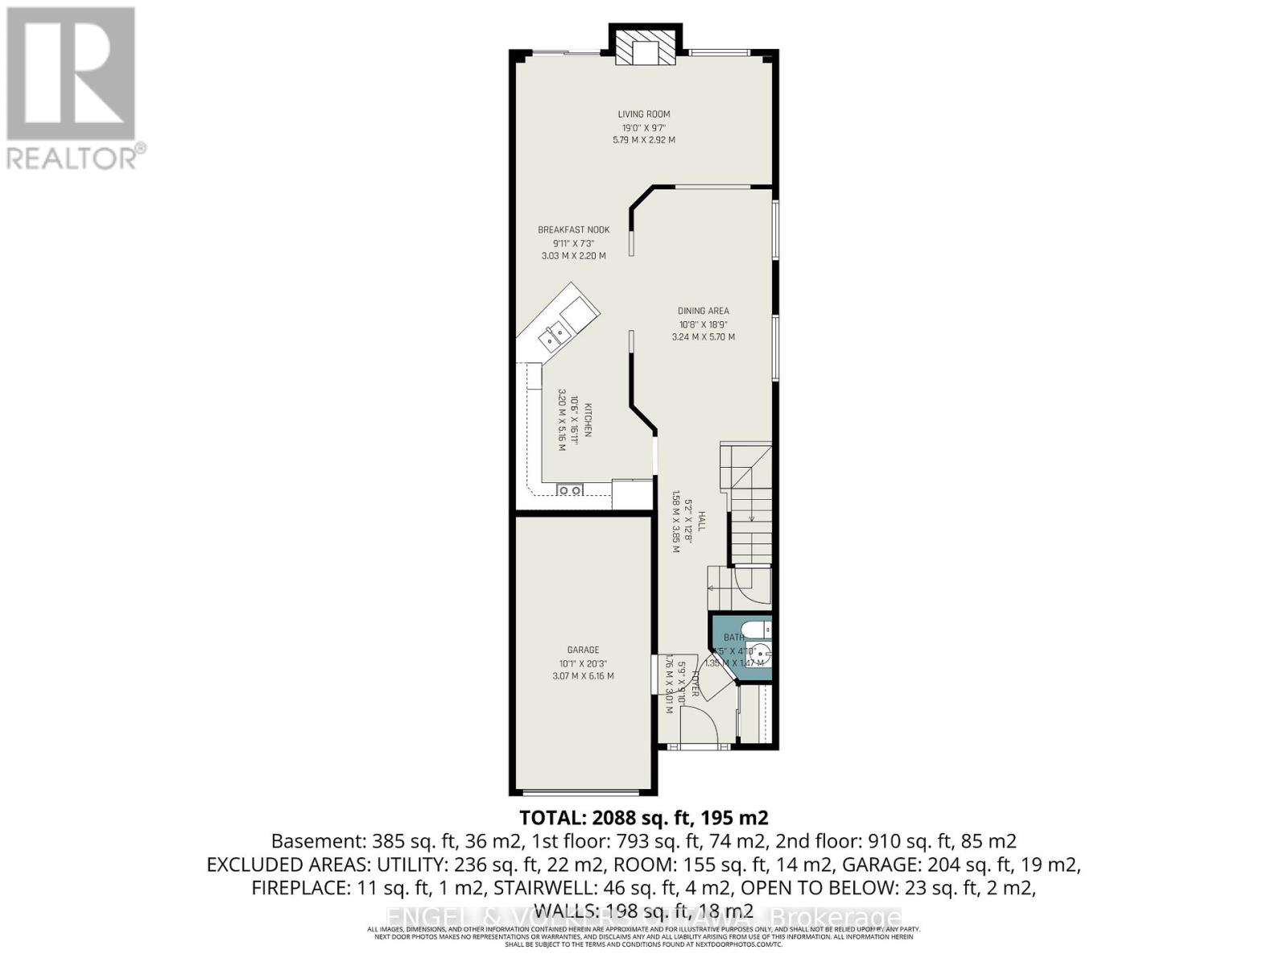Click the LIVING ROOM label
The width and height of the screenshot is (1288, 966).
point(644,114)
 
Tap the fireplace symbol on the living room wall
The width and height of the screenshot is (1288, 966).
point(645,48)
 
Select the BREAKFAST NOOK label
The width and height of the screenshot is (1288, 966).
point(574,230)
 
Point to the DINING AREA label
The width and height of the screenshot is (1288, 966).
point(703,311)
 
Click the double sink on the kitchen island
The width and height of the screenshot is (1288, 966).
point(555,336)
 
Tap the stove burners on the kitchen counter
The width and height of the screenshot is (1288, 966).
point(570,489)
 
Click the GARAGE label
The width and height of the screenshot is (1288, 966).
point(583,650)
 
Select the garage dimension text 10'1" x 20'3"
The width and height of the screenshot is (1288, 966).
point(583,663)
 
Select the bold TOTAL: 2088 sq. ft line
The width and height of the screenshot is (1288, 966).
point(644,818)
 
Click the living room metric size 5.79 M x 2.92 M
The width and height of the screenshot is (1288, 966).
point(644,140)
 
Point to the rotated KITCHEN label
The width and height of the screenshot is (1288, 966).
point(588,420)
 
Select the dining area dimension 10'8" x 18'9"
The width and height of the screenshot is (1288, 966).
point(703,324)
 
